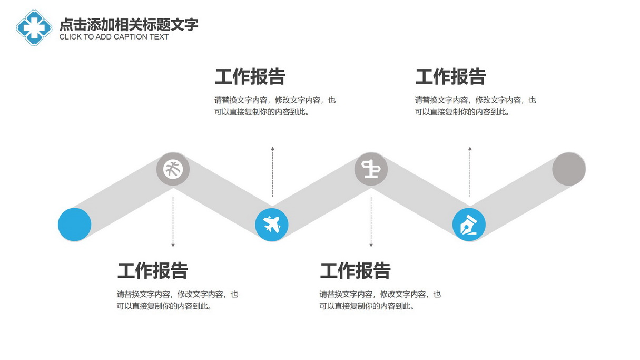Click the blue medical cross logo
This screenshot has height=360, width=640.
click(34, 28)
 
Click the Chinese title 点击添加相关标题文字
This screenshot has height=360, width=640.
click(129, 25)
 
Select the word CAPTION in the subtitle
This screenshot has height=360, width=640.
click(130, 37)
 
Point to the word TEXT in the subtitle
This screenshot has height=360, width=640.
click(159, 37)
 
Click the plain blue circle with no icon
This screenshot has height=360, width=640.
click(75, 225)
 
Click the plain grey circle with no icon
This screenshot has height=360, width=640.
click(569, 169)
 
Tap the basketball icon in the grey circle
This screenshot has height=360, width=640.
click(173, 169)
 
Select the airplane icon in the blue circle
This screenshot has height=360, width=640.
click(271, 225)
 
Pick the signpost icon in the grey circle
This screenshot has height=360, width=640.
click(371, 169)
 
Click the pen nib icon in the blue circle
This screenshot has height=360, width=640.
click(469, 225)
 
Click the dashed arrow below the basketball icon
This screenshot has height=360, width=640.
click(173, 221)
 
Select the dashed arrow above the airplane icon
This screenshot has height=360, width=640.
click(272, 171)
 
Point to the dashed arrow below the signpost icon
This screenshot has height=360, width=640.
click(371, 221)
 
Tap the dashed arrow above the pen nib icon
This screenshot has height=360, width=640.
click(470, 171)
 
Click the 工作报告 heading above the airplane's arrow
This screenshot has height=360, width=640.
click(250, 76)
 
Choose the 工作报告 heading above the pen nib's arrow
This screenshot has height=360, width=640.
click(450, 76)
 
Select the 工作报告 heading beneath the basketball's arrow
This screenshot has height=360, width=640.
click(153, 270)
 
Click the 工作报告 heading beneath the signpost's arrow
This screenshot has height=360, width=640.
click(355, 270)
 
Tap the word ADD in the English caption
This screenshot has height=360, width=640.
click(103, 37)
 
